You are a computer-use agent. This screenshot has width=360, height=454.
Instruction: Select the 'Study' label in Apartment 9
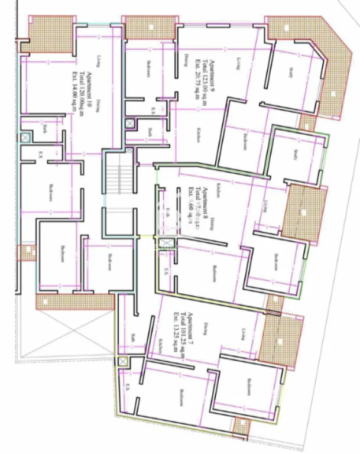point(291,73)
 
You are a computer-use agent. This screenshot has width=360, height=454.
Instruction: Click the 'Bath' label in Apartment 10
point(44,127)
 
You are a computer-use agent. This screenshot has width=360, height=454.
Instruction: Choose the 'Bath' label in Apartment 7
point(134,338)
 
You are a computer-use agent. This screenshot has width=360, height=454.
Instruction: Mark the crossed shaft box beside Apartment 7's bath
point(122,361)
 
